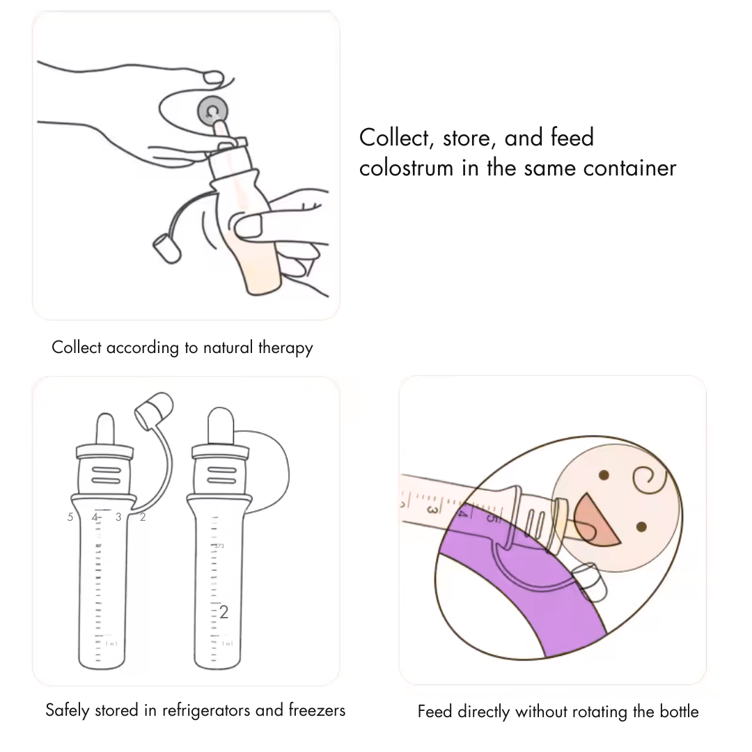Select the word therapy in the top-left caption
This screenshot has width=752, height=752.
pos(285,347)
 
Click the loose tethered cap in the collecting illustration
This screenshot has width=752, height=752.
pos(165,248)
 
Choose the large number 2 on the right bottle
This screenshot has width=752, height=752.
pos(224,612)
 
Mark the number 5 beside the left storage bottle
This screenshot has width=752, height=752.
pos(70,517)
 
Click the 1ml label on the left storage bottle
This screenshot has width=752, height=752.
pos(111,644)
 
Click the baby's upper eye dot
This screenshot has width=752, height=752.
pos(604,475)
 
